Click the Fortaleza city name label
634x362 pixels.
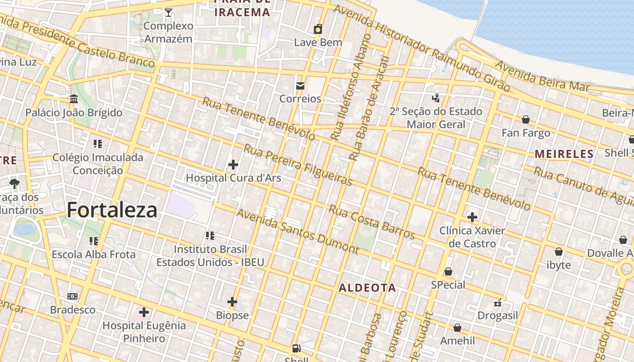click(x=112, y=210)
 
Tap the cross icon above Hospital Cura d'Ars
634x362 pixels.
click(x=233, y=165)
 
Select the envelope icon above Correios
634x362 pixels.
click(x=300, y=86)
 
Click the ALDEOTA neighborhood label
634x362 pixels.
click(x=367, y=288)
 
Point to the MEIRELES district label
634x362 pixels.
click(x=564, y=154)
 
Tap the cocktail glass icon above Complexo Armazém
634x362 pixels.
click(x=168, y=13)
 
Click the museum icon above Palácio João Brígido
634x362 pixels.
click(x=74, y=99)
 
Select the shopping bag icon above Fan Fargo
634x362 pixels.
click(x=526, y=119)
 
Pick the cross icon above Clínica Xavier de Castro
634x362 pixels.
click(x=472, y=217)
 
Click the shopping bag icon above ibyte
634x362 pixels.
click(x=559, y=252)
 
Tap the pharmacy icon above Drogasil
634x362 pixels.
click(x=498, y=302)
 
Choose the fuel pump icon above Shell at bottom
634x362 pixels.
click(x=296, y=348)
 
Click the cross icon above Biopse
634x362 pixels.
click(x=232, y=302)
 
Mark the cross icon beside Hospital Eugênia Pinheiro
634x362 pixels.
click(x=144, y=312)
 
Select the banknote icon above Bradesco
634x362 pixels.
click(x=72, y=296)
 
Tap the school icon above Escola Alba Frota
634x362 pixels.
click(x=94, y=241)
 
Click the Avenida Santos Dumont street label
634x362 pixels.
click(x=297, y=231)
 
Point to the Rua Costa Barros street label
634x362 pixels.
click(x=371, y=222)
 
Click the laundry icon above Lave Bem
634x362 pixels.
click(x=318, y=29)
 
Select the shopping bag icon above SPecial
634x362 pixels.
click(x=448, y=271)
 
